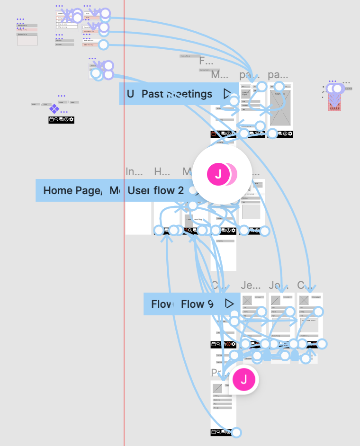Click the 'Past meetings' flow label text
tap(177, 94)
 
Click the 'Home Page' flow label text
tap(72, 190)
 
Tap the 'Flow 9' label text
tap(197, 304)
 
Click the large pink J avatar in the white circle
tap(218, 174)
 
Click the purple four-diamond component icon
tap(54, 108)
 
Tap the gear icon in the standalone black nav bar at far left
tap(72, 120)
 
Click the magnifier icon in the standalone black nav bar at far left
tap(56, 120)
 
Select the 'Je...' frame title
tap(250, 285)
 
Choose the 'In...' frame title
tap(134, 171)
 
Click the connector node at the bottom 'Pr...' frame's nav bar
tap(236, 432)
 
